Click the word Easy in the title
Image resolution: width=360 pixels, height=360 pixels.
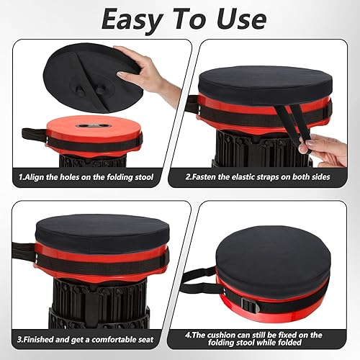[135, 19]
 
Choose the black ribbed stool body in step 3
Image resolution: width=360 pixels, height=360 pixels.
[101, 302]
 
